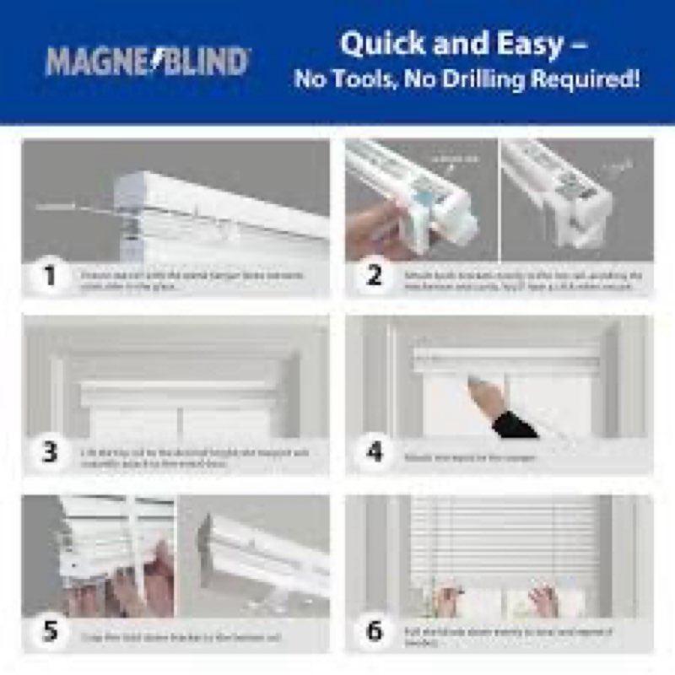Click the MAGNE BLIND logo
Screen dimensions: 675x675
click(148, 62)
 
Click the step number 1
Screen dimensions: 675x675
click(50, 276)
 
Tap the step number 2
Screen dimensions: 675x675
click(374, 276)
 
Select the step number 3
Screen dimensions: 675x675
click(50, 452)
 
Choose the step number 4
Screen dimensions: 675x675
click(374, 452)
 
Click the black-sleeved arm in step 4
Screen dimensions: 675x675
click(513, 424)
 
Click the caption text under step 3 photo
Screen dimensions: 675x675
click(194, 458)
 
